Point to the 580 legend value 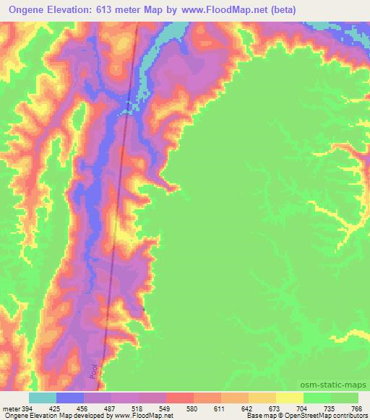194,408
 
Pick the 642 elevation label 249,408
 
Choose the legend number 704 304,408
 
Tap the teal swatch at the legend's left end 43,398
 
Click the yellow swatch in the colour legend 290,398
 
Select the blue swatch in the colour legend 70,398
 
